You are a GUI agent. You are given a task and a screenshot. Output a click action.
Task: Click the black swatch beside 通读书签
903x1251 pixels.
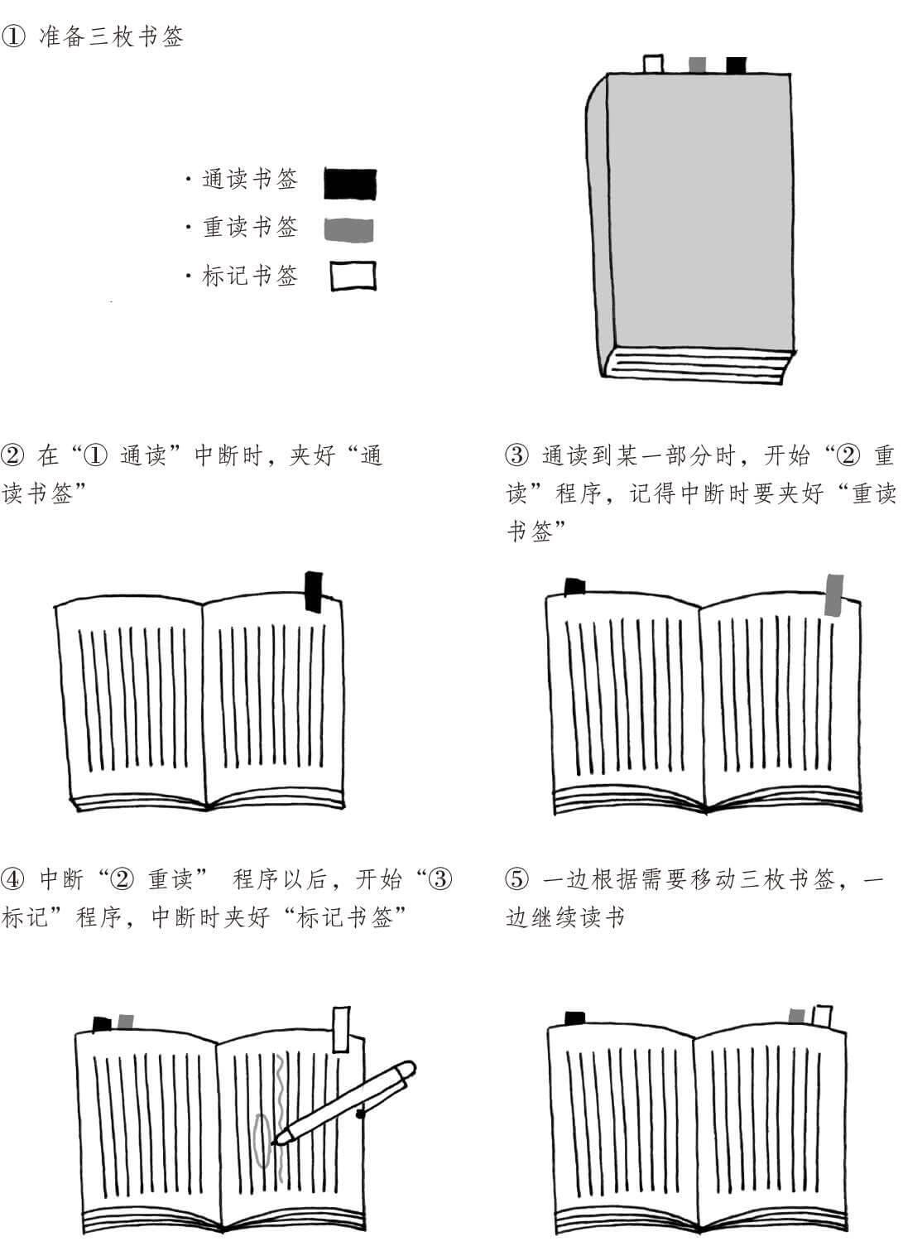[349, 184]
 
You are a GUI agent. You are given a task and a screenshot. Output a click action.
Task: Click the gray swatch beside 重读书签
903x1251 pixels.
[348, 229]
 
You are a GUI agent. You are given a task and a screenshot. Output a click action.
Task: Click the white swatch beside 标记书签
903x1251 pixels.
[353, 276]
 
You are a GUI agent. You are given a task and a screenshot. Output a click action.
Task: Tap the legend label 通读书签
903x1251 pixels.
[249, 180]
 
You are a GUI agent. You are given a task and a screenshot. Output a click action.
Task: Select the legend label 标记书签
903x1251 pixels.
[249, 276]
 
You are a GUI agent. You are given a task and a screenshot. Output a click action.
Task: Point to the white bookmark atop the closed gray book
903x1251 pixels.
[652, 64]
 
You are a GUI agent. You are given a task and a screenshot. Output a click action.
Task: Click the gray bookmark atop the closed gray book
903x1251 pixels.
[697, 65]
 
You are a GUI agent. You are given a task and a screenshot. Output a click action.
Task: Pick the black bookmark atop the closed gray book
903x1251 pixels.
[736, 65]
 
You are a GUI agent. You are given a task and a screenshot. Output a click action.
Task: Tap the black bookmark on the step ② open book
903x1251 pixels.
[314, 591]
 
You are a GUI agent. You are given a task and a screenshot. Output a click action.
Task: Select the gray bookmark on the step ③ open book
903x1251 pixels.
[834, 594]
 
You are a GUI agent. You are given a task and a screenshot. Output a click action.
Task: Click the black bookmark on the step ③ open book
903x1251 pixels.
[574, 586]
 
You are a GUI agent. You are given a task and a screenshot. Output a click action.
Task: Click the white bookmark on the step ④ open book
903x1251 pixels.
[340, 1028]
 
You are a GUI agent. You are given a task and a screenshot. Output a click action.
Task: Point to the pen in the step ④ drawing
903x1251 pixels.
[348, 1101]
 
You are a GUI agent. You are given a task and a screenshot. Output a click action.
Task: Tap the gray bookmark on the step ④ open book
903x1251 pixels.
[126, 1022]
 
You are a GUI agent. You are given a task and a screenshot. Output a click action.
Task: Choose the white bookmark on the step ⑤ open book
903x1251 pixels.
[822, 1016]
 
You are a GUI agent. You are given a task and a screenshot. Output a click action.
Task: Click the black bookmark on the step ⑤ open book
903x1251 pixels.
[574, 1018]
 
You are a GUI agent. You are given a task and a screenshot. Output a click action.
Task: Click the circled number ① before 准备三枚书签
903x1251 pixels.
[13, 37]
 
